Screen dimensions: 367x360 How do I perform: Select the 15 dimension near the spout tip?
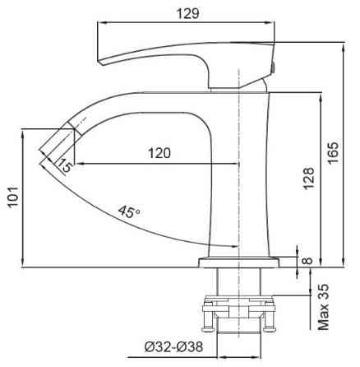click(65, 167)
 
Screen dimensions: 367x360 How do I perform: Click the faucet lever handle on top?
click(181, 52)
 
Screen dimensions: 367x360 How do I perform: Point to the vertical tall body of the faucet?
click(242, 173)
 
